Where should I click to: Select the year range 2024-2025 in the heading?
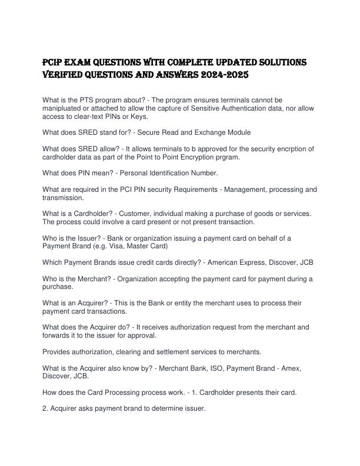[223, 75]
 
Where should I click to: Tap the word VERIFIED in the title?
[69, 75]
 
